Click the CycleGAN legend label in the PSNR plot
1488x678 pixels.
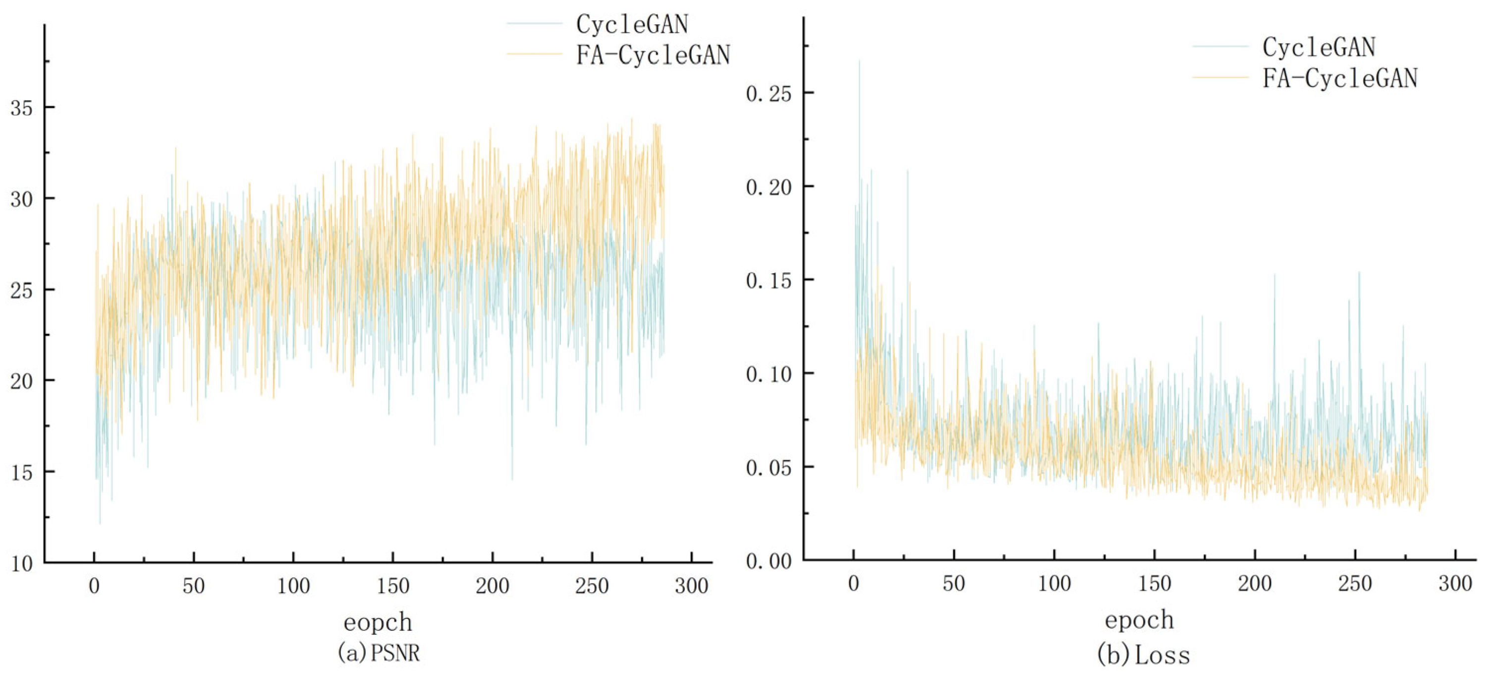632,24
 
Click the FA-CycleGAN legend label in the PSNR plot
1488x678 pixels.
653,55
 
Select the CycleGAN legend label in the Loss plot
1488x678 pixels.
1318,47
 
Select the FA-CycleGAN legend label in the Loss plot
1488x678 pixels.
1339,78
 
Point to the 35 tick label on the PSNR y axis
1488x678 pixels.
21,108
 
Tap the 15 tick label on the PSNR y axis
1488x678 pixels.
21,472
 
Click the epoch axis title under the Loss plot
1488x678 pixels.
1139,619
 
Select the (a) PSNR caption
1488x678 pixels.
379,653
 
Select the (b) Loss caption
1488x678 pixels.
1143,655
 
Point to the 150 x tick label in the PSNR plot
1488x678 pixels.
393,586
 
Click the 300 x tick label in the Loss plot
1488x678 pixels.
1454,584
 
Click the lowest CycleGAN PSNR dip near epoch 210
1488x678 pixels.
512,478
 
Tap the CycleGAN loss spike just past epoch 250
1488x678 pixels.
1359,273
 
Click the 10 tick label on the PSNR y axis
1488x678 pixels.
21,563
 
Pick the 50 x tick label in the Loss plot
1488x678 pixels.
954,584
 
